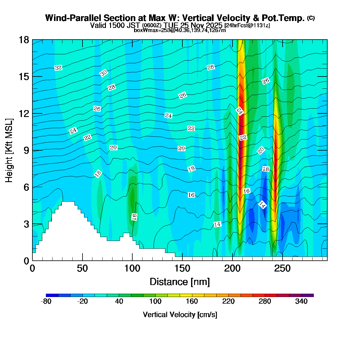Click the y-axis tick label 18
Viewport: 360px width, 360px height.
point(24,40)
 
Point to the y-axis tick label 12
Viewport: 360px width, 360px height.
point(24,113)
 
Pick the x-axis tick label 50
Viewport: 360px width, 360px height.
point(82,268)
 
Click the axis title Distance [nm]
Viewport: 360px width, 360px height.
point(180,282)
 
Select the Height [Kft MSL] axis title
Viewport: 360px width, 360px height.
point(9,150)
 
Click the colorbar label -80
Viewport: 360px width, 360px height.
point(46,301)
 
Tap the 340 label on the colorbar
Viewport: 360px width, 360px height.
point(301,301)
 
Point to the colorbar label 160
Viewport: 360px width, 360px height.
point(192,301)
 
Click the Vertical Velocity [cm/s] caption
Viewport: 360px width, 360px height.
point(180,315)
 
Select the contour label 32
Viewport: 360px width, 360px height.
point(58,68)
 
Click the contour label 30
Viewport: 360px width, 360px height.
point(104,73)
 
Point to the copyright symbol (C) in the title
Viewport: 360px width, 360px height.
point(311,18)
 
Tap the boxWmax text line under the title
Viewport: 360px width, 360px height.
point(180,30)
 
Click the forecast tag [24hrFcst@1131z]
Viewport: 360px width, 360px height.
point(247,25)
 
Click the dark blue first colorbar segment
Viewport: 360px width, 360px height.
point(52,295)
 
